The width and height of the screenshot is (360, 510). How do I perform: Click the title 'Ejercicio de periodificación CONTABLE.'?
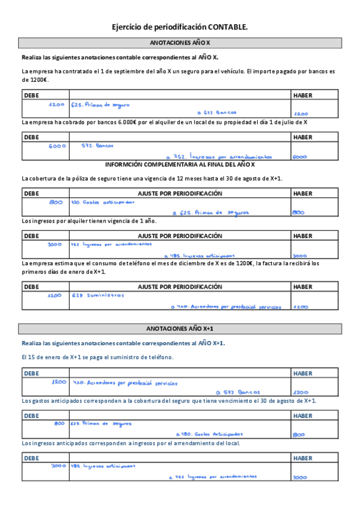click(x=180, y=27)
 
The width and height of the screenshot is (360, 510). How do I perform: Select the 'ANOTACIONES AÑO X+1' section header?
click(x=180, y=328)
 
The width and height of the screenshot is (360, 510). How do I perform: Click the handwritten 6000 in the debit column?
click(x=57, y=146)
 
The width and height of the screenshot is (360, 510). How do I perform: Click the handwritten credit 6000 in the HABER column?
click(x=299, y=157)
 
